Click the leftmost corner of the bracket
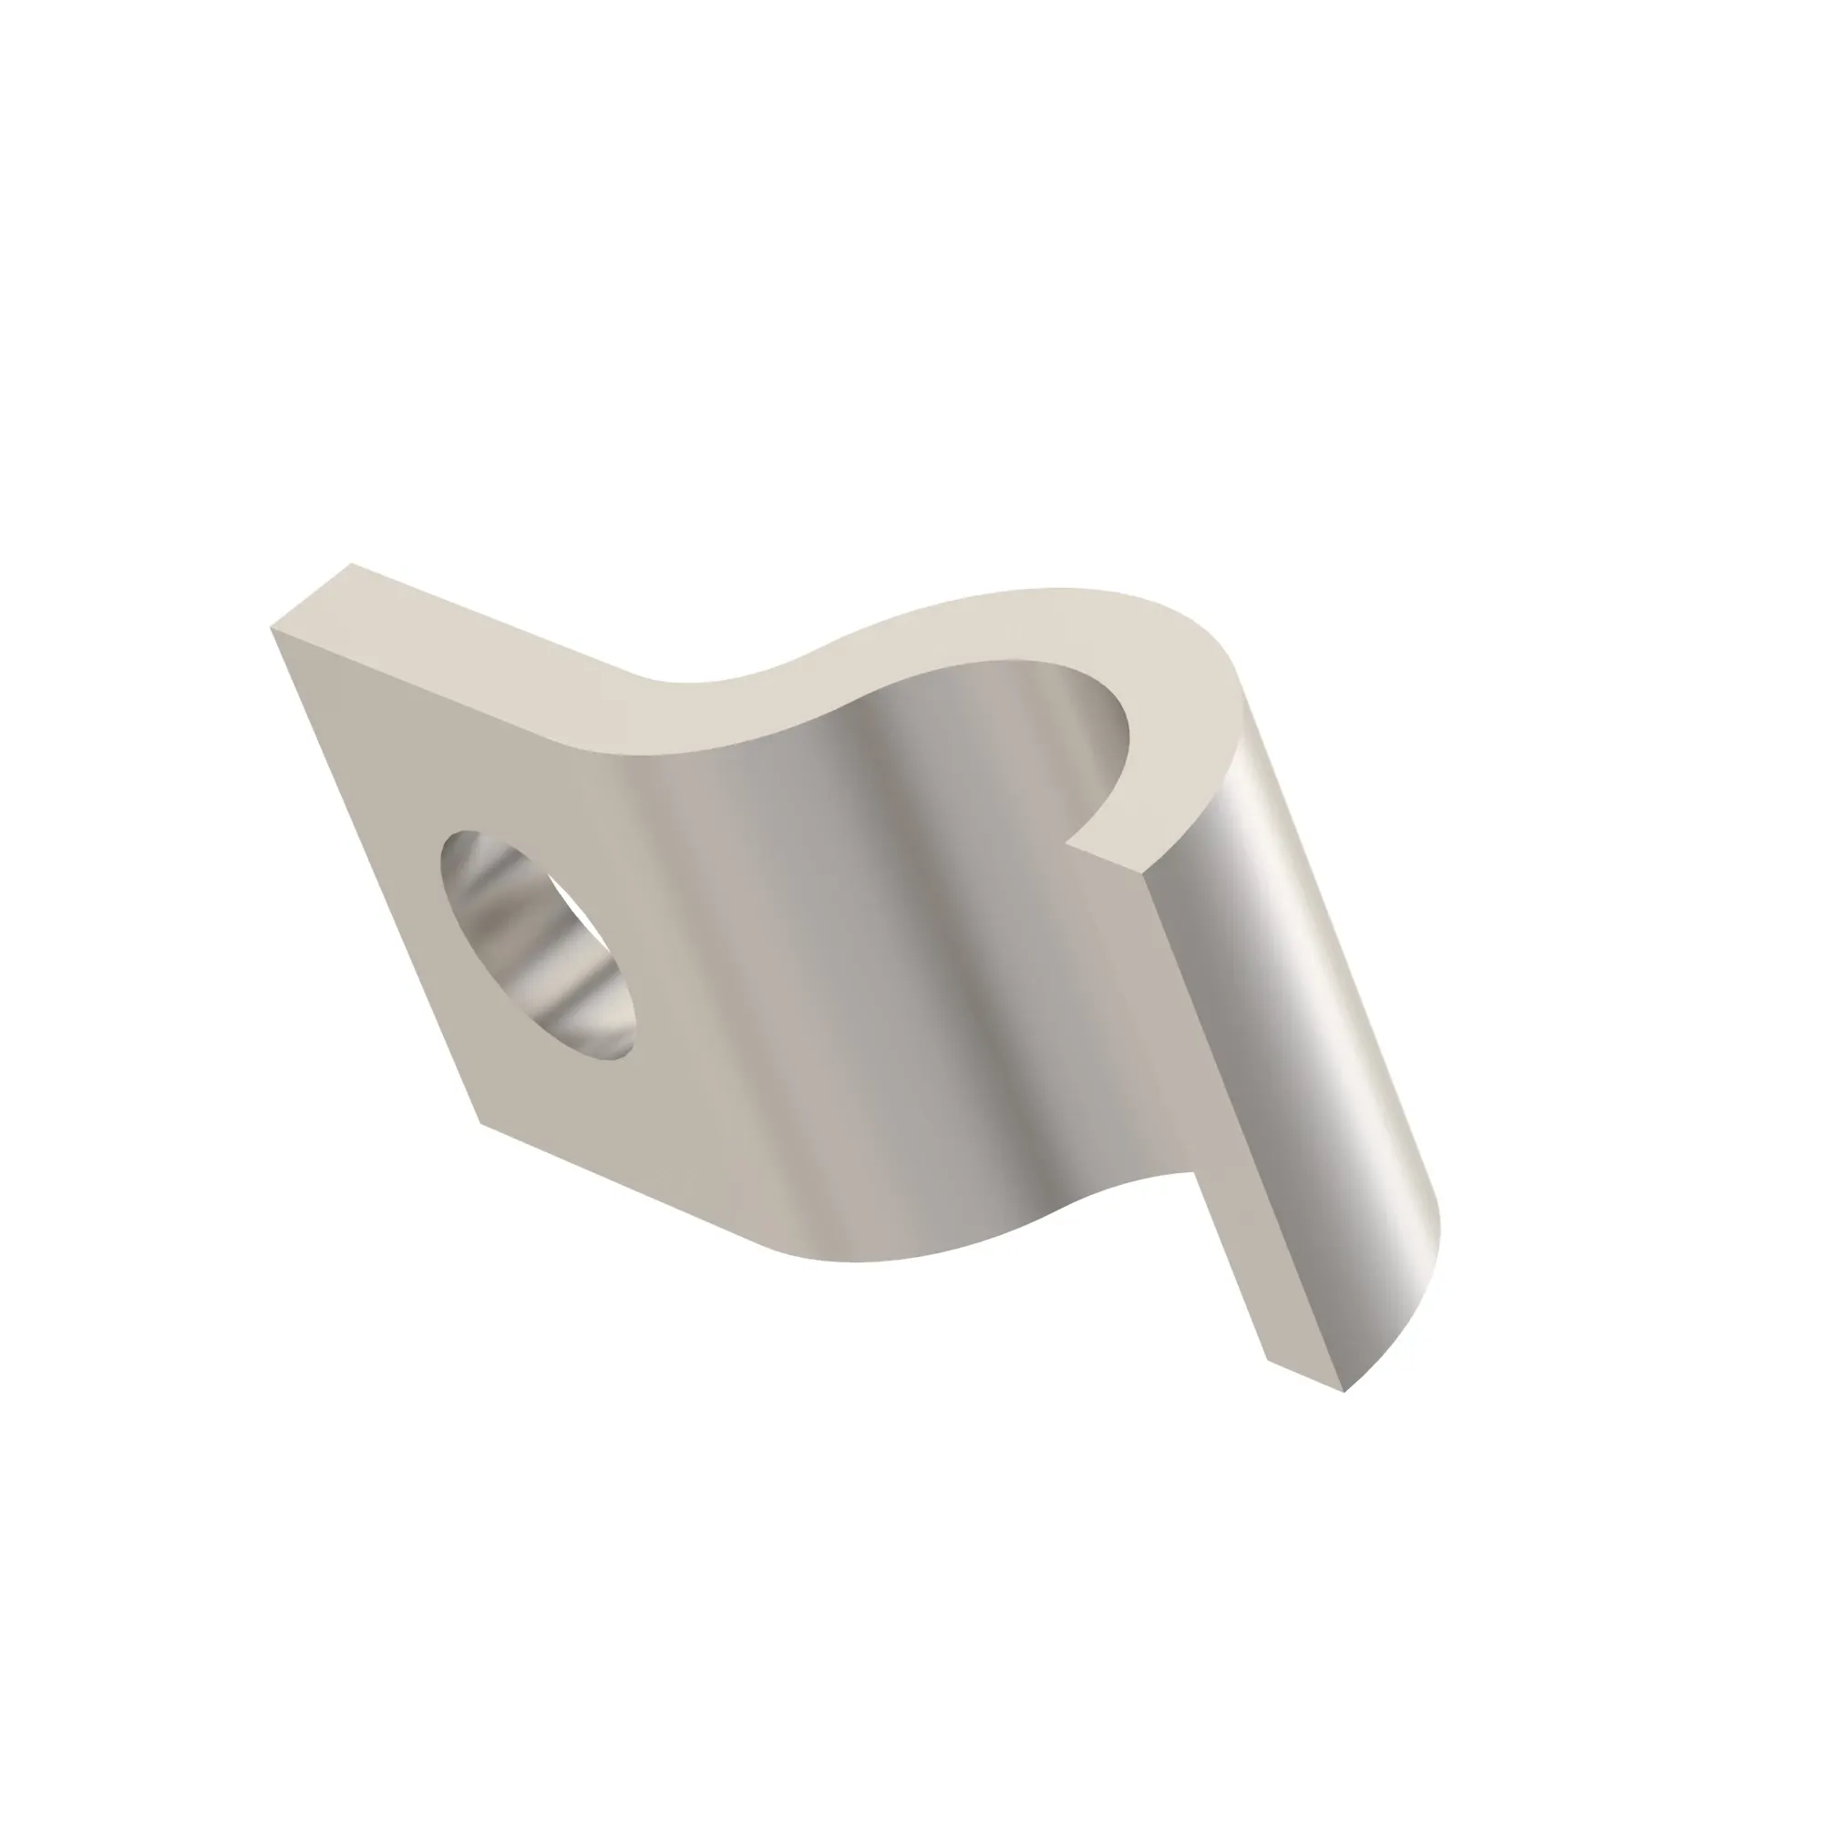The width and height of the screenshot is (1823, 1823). point(271,626)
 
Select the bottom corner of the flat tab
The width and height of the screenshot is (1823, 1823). point(481,1123)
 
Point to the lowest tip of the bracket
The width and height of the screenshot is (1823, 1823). point(1344,1393)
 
